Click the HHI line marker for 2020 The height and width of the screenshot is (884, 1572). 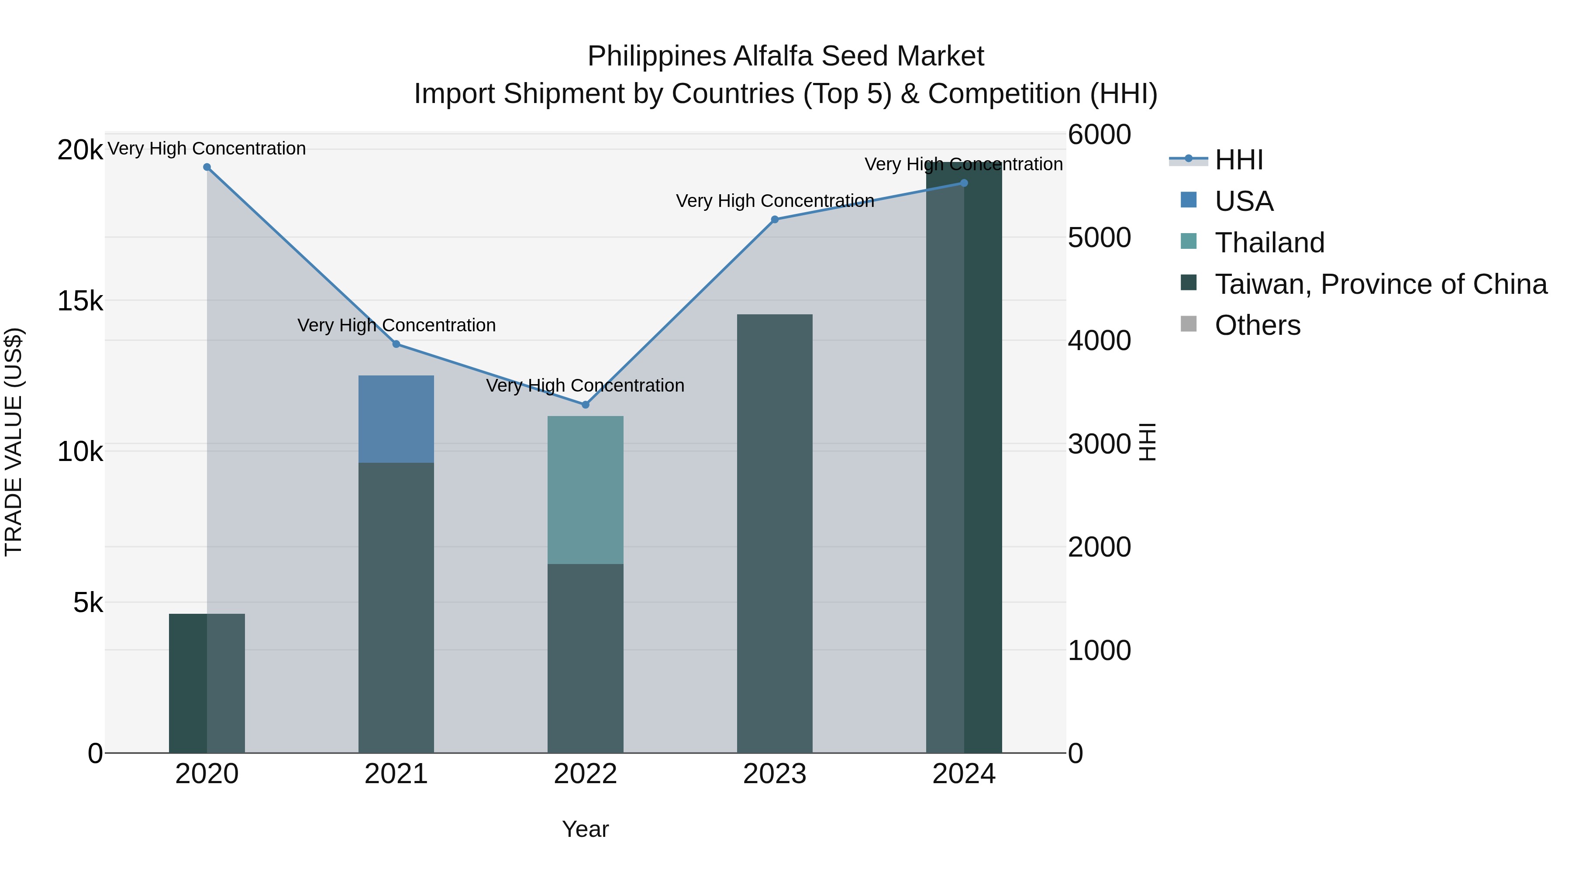pos(207,167)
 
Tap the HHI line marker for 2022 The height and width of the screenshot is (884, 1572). pos(585,405)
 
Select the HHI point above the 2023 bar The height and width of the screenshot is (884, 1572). pos(774,220)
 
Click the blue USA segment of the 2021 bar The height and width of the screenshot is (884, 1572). pos(396,419)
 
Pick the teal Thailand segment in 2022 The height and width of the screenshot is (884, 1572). pos(585,490)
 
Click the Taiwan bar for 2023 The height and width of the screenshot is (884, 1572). pos(774,534)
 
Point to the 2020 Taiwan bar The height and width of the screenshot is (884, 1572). pos(207,683)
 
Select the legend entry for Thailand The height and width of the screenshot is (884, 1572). pos(1269,243)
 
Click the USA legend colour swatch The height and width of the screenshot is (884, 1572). pos(1188,200)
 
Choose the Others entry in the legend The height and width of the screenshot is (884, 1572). pos(1257,325)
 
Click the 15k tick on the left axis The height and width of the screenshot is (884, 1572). pos(80,301)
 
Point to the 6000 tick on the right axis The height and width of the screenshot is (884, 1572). pos(1099,135)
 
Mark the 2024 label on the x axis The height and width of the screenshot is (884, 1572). pos(964,774)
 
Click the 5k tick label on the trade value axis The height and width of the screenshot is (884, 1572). pos(88,603)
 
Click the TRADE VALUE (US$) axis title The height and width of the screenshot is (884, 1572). pos(14,442)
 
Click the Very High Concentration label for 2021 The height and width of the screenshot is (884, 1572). pos(396,325)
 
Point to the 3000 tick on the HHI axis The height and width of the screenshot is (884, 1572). pos(1099,444)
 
